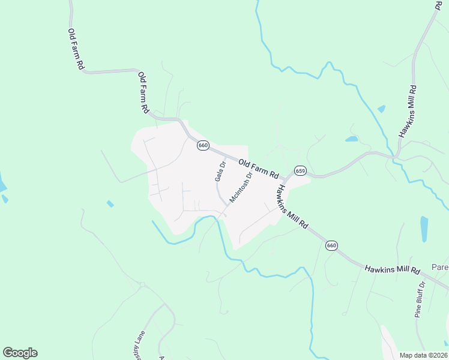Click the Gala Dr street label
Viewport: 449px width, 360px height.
pyautogui.click(x=220, y=171)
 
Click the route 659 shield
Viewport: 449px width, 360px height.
pyautogui.click(x=301, y=171)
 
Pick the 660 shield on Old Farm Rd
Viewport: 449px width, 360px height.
pyautogui.click(x=203, y=145)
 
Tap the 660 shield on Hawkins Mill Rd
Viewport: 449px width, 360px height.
pyautogui.click(x=331, y=245)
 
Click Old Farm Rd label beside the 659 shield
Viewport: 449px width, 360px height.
pyautogui.click(x=259, y=169)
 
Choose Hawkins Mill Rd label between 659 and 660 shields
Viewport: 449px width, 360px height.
pyautogui.click(x=292, y=206)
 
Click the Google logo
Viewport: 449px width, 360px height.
pyautogui.click(x=20, y=353)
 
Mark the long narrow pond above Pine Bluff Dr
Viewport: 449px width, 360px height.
pyautogui.click(x=424, y=229)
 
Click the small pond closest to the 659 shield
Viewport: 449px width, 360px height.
pyautogui.click(x=352, y=139)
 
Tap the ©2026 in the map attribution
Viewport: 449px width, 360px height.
pyautogui.click(x=436, y=355)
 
